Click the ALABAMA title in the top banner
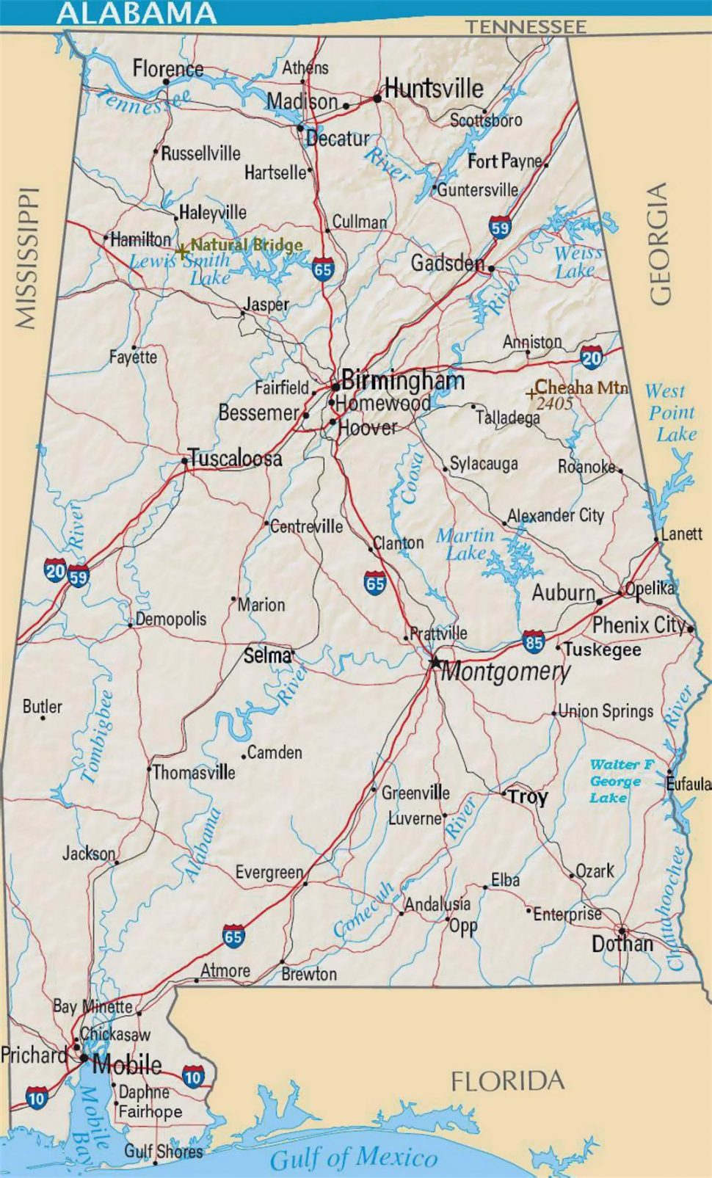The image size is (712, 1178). coord(137,12)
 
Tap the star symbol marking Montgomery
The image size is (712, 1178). coord(435,663)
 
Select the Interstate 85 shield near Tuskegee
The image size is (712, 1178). coord(534,642)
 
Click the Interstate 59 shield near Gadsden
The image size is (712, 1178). coord(500,227)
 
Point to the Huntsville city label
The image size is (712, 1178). coord(434,89)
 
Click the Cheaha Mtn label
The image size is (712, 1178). coord(581,387)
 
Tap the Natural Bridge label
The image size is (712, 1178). coord(246,245)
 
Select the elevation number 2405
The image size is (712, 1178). coord(554,403)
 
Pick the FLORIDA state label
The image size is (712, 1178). coord(507,1080)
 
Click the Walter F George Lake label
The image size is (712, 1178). coord(620,781)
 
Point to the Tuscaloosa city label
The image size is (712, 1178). coord(236,459)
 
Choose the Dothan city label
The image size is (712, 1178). coord(622,944)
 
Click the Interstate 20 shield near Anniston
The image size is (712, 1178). coord(592,357)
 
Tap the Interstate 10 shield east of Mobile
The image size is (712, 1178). coord(193,1077)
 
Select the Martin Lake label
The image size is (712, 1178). coord(465,544)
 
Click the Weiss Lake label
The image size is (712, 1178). coord(577,262)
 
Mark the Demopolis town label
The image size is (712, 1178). coord(171,619)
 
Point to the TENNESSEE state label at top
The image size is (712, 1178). coord(526,27)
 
